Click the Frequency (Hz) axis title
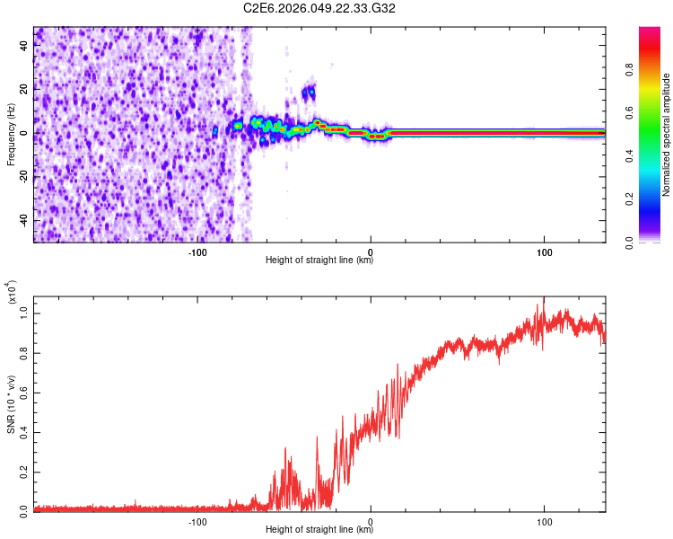pyautogui.click(x=12, y=134)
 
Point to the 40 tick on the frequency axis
pyautogui.click(x=24, y=46)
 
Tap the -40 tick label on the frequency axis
pyautogui.click(x=22, y=221)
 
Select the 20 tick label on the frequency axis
pyautogui.click(x=24, y=90)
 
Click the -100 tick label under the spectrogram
pyautogui.click(x=198, y=252)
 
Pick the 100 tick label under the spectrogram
pyautogui.click(x=544, y=252)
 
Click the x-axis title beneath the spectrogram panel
pyautogui.click(x=319, y=261)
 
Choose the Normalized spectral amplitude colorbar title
pyautogui.click(x=667, y=135)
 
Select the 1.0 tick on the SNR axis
pyautogui.click(x=24, y=314)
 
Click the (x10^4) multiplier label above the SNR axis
pyautogui.click(x=12, y=293)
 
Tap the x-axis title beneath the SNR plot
pyautogui.click(x=319, y=530)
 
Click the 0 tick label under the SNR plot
pyautogui.click(x=371, y=521)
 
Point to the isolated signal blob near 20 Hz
pyautogui.click(x=309, y=93)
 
